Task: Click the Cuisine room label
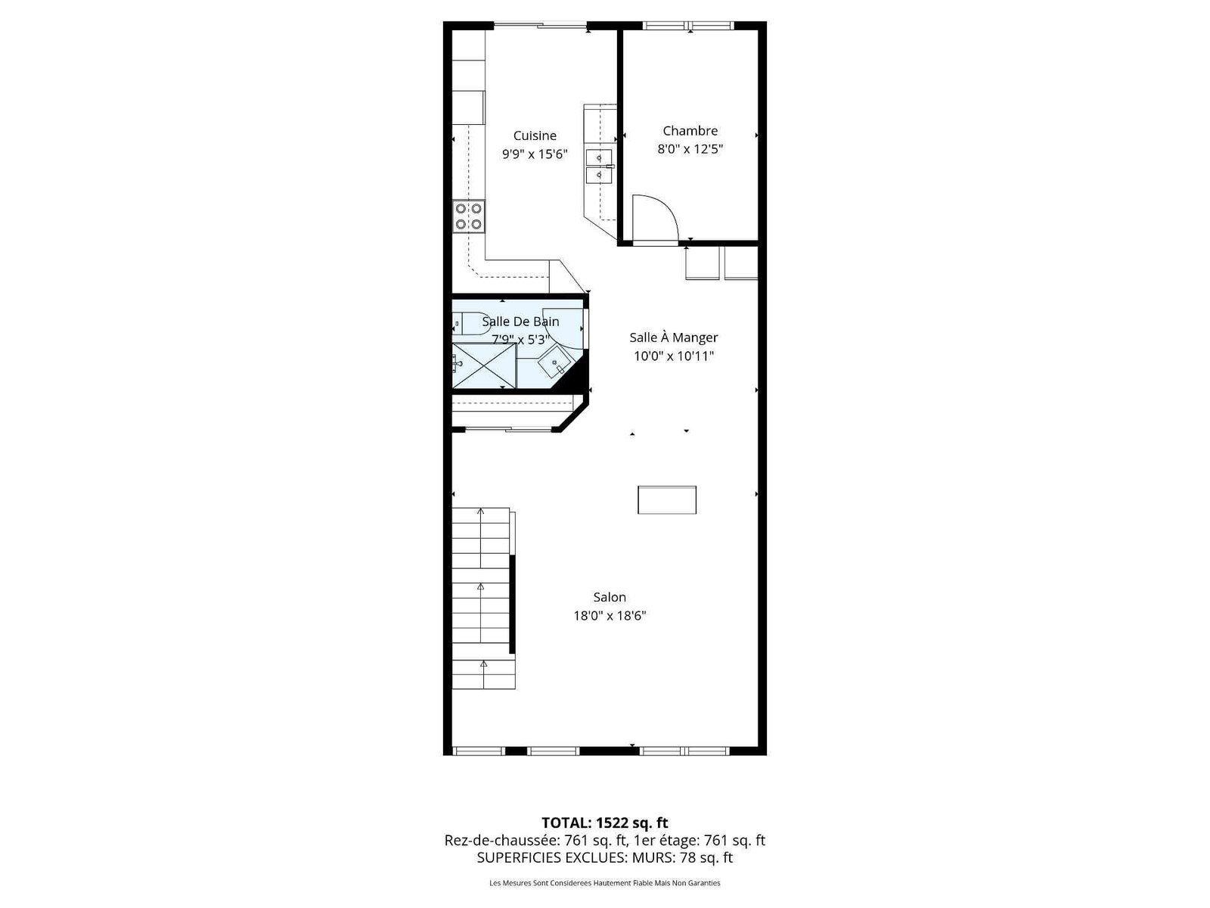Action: tap(534, 135)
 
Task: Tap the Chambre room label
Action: tap(690, 131)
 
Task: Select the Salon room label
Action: tap(609, 596)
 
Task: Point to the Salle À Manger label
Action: tap(673, 337)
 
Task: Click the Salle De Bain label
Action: tap(520, 322)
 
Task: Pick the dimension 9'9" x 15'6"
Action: tap(534, 154)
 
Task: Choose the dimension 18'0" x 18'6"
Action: tap(609, 615)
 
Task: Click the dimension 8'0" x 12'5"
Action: tap(690, 149)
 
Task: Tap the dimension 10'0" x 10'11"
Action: tap(673, 356)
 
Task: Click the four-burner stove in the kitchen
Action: tap(469, 216)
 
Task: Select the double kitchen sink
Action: tap(599, 166)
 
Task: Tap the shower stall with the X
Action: tap(484, 365)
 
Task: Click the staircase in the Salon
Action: tap(483, 599)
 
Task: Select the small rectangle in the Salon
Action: tap(666, 499)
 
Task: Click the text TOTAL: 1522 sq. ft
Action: tap(604, 822)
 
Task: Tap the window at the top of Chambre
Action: tap(688, 25)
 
